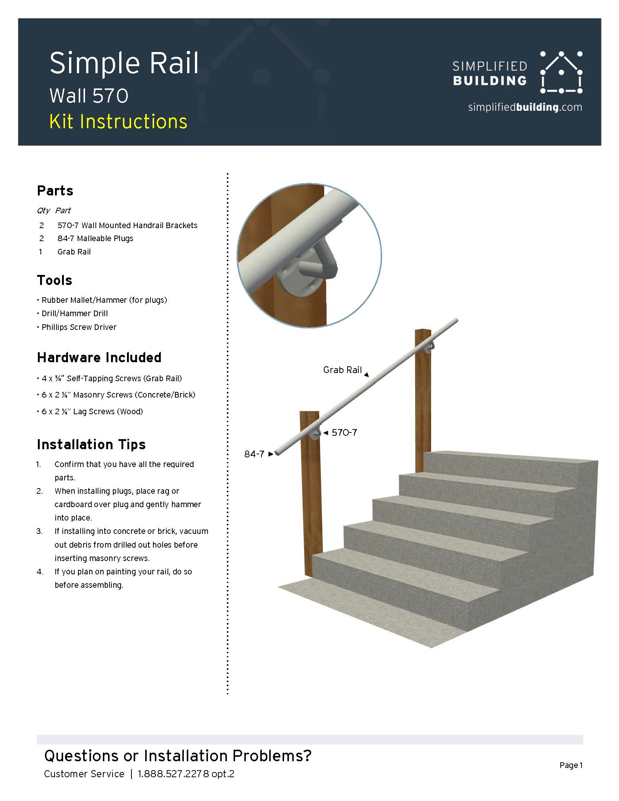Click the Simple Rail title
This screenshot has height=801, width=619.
point(124,63)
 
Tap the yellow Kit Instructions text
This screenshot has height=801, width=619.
point(118,122)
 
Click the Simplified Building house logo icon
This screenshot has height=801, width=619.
point(561,72)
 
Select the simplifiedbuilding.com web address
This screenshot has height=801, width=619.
point(525,107)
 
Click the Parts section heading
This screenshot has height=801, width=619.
point(55,191)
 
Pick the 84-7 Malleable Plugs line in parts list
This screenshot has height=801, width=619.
point(95,239)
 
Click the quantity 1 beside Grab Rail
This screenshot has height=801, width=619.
point(40,252)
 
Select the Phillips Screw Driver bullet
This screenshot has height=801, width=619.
point(79,327)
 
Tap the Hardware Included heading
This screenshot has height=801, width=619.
point(99,357)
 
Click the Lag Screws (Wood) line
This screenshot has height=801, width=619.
point(92,412)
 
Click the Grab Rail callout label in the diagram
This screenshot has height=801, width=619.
point(342,370)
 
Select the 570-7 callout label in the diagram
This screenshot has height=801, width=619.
point(344,433)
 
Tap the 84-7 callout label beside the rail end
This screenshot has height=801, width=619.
point(254,454)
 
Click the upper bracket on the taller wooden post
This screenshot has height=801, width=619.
point(429,348)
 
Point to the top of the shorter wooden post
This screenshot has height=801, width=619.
point(310,413)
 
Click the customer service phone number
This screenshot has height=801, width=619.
point(186,774)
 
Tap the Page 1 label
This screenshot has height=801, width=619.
point(571,765)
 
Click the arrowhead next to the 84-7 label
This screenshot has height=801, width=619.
point(271,454)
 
